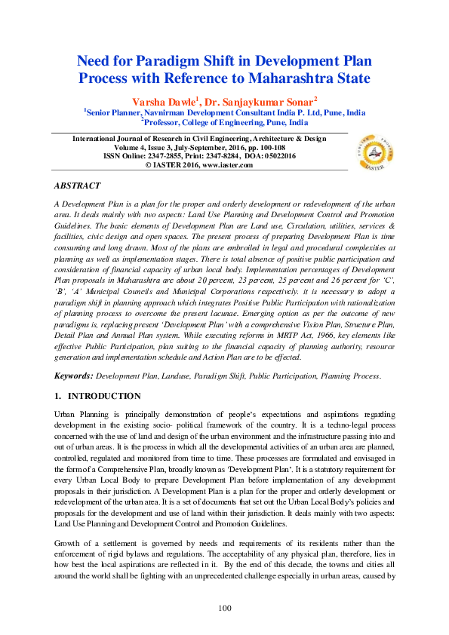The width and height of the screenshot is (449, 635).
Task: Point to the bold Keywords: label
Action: [x=74, y=375]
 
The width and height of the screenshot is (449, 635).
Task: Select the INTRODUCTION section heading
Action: [x=104, y=396]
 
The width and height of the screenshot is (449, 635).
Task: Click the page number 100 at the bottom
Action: [x=224, y=608]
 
